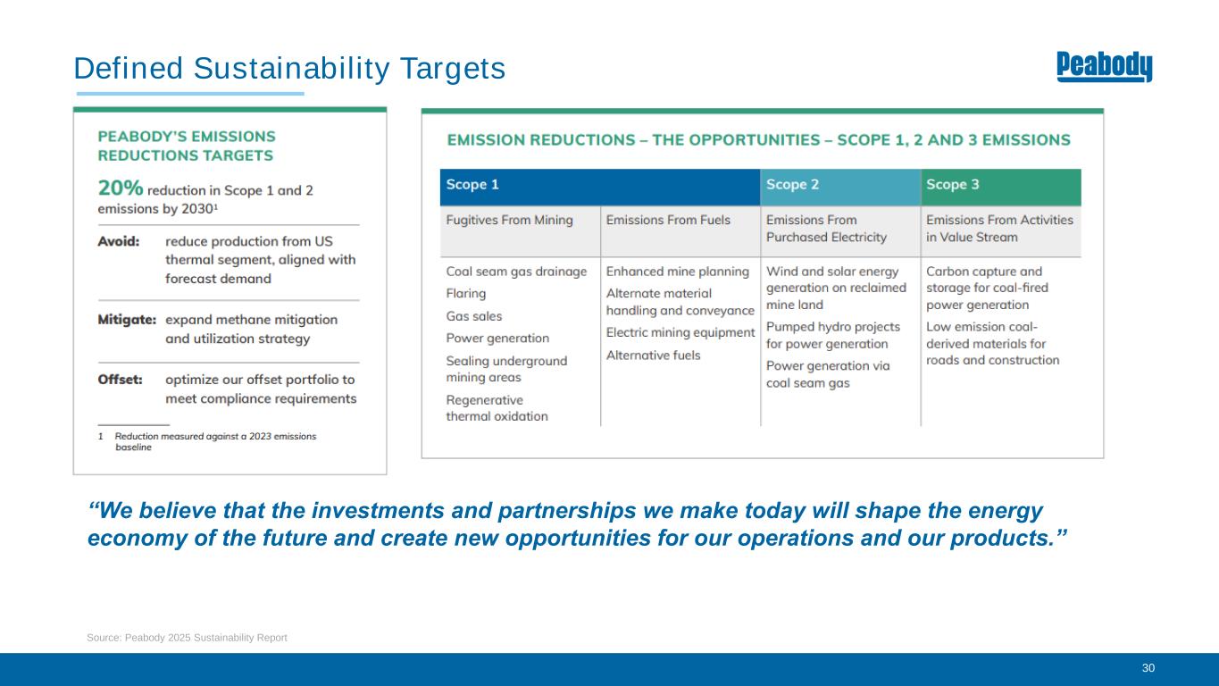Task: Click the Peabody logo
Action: (1104, 66)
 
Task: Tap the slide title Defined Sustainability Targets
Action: (289, 69)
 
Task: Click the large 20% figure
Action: (121, 188)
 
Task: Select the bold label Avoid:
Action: (119, 241)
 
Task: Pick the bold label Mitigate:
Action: (127, 320)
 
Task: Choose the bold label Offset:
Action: (121, 380)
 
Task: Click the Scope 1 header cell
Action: (600, 187)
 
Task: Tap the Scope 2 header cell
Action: (840, 187)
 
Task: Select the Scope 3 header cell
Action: (1001, 187)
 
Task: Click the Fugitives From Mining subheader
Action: (509, 220)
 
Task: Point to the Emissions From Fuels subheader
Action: (668, 220)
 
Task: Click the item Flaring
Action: (466, 294)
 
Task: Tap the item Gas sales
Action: (474, 316)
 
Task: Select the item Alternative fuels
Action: (653, 356)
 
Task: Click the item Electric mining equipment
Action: (680, 332)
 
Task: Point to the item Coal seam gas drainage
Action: (516, 272)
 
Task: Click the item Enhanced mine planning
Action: (678, 272)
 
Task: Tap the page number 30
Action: (1148, 668)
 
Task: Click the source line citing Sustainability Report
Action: (187, 638)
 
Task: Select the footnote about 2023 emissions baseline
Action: (207, 441)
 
